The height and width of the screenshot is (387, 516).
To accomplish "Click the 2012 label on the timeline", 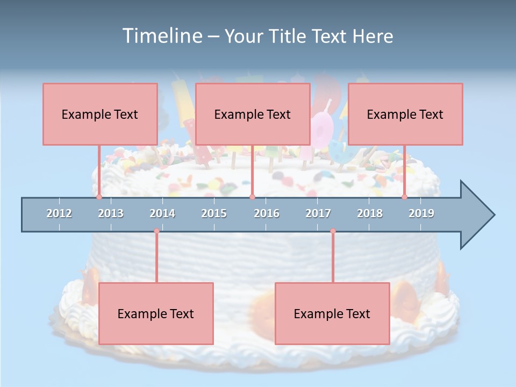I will pyautogui.click(x=59, y=213).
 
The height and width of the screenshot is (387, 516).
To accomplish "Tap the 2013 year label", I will pyautogui.click(x=111, y=213).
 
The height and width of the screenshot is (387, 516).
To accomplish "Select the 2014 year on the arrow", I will pyautogui.click(x=162, y=213).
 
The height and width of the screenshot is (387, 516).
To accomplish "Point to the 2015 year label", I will pyautogui.click(x=214, y=213).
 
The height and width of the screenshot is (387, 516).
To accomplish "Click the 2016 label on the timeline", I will pyautogui.click(x=267, y=213).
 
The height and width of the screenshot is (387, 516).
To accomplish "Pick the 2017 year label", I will pyautogui.click(x=318, y=213).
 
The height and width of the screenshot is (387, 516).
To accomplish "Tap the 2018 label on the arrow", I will pyautogui.click(x=370, y=213).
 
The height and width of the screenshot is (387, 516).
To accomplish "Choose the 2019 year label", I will pyautogui.click(x=421, y=213).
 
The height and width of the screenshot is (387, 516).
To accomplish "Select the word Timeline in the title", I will pyautogui.click(x=162, y=36).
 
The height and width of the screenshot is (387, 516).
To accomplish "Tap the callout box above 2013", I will pyautogui.click(x=100, y=114).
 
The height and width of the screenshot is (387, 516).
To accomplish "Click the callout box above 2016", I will pyautogui.click(x=253, y=114).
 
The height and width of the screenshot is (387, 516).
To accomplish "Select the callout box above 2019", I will pyautogui.click(x=405, y=114).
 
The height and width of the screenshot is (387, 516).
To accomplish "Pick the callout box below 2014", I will pyautogui.click(x=156, y=313).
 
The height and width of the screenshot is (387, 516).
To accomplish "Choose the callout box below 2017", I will pyautogui.click(x=332, y=313).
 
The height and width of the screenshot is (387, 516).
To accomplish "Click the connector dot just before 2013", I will pyautogui.click(x=99, y=197).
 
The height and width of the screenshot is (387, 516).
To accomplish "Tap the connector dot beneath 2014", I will pyautogui.click(x=156, y=231).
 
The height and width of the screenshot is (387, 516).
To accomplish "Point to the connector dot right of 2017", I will pyautogui.click(x=333, y=231).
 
